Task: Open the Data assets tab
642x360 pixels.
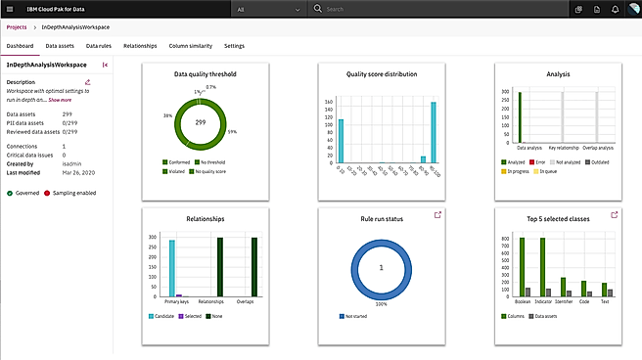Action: [59, 46]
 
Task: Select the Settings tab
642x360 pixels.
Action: [234, 46]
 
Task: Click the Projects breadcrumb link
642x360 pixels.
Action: [17, 26]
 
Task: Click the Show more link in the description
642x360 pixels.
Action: [60, 100]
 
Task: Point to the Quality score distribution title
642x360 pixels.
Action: [381, 73]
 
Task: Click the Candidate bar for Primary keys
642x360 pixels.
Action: [171, 267]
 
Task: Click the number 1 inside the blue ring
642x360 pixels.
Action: [381, 267]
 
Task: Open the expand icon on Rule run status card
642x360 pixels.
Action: [438, 215]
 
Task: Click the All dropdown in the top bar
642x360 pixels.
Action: [269, 9]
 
